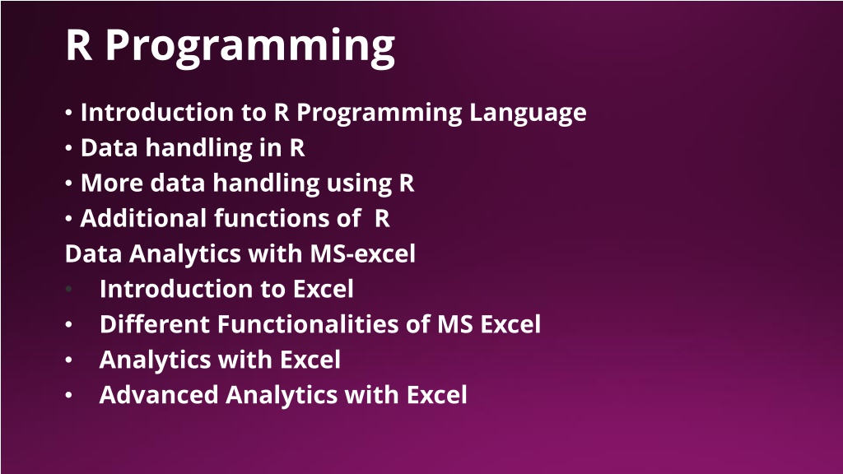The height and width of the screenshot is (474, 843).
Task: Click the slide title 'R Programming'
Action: coord(231,47)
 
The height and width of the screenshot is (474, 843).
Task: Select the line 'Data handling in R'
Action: coord(193,148)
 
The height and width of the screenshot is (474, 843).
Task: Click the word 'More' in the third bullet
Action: coord(111,184)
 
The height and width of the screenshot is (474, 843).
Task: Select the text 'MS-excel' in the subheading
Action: coord(363,253)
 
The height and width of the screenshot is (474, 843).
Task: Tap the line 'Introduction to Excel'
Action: coord(226,289)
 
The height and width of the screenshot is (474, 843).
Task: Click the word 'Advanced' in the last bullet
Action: coord(159,395)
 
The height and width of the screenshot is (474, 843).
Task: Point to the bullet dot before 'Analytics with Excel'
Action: coord(68,360)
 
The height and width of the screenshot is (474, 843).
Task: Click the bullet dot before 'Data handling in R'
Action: coord(68,148)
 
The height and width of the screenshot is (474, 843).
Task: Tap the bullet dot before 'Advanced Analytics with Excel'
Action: coord(68,395)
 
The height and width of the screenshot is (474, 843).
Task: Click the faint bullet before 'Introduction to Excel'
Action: coord(68,289)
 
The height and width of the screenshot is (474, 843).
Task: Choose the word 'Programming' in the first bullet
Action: coord(379,114)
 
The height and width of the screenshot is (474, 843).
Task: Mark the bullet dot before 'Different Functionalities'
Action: coord(68,324)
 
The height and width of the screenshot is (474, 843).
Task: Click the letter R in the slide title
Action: coord(79,45)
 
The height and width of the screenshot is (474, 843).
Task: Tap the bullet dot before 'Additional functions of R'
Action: coord(68,219)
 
